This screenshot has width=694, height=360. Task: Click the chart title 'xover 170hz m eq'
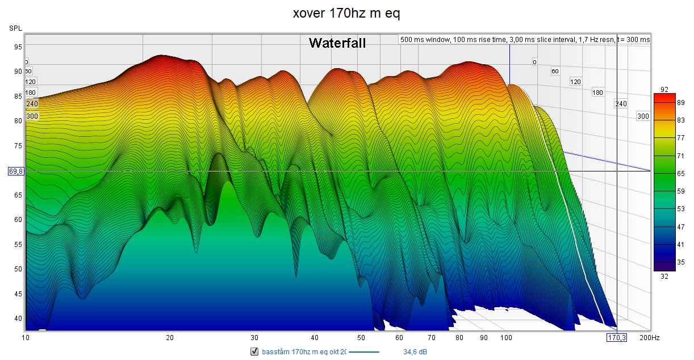point(346,13)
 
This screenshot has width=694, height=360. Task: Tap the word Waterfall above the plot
point(337,43)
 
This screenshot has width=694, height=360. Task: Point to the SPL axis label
point(15,28)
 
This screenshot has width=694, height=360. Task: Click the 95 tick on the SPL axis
point(19,47)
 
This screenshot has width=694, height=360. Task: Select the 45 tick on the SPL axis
point(19,294)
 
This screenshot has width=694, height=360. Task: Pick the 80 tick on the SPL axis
point(19,120)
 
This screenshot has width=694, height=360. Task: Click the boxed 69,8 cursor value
point(16,171)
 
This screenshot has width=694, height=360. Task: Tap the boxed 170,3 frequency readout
point(617,337)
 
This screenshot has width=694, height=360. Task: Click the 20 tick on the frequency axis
point(169,337)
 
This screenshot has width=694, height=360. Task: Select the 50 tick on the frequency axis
point(362,337)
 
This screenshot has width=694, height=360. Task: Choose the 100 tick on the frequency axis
point(506,337)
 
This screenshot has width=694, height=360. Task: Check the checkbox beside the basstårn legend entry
point(254,352)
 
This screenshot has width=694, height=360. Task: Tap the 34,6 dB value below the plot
point(415,352)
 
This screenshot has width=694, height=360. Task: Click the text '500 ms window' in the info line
point(421,40)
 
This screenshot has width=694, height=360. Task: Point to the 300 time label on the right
point(642,116)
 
